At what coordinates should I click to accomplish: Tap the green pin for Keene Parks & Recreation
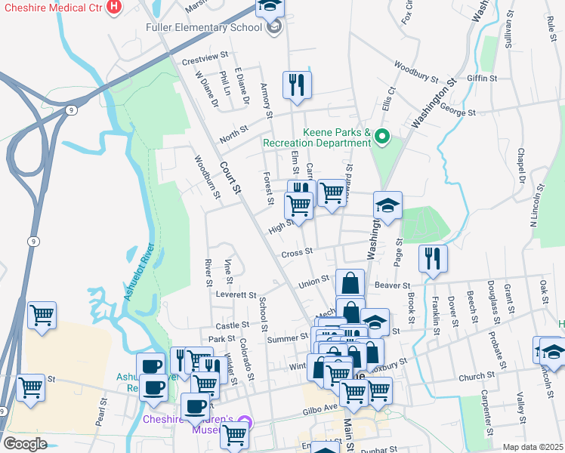point(382,137)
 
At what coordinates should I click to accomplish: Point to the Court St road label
point(230,177)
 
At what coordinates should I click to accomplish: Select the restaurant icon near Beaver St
point(432,258)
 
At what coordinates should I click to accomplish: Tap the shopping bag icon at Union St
point(350,284)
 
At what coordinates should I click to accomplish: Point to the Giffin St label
point(482,78)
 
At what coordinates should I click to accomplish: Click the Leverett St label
point(236,294)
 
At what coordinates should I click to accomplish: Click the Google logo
point(25,443)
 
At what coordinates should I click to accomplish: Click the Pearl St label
point(100,408)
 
